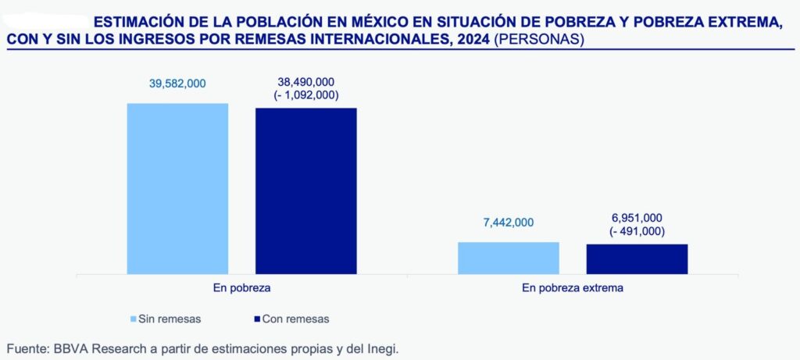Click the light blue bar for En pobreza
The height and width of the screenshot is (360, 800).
coord(177,188)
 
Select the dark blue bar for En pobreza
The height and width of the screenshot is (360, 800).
coord(305,191)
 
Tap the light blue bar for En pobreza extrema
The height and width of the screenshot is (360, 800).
coord(508,258)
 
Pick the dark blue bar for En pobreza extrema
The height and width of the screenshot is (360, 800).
coord(637,258)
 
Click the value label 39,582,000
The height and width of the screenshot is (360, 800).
coord(177,84)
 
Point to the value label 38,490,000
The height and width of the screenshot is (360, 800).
coord(306,82)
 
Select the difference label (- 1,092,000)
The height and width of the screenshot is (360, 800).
coord(306,95)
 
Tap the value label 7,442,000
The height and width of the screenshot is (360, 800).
coord(508,223)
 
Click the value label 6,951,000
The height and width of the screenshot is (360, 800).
coord(637,218)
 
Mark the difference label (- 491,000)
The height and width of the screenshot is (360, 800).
coord(637,231)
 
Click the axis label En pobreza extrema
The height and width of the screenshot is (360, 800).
coord(573,288)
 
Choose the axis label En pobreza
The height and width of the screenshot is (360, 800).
coord(241,288)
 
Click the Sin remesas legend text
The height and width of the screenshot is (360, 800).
coord(169,319)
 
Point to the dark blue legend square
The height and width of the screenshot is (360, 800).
coord(259,319)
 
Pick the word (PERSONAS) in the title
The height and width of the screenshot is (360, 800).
coord(539,39)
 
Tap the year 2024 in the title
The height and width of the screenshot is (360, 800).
coord(472,39)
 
